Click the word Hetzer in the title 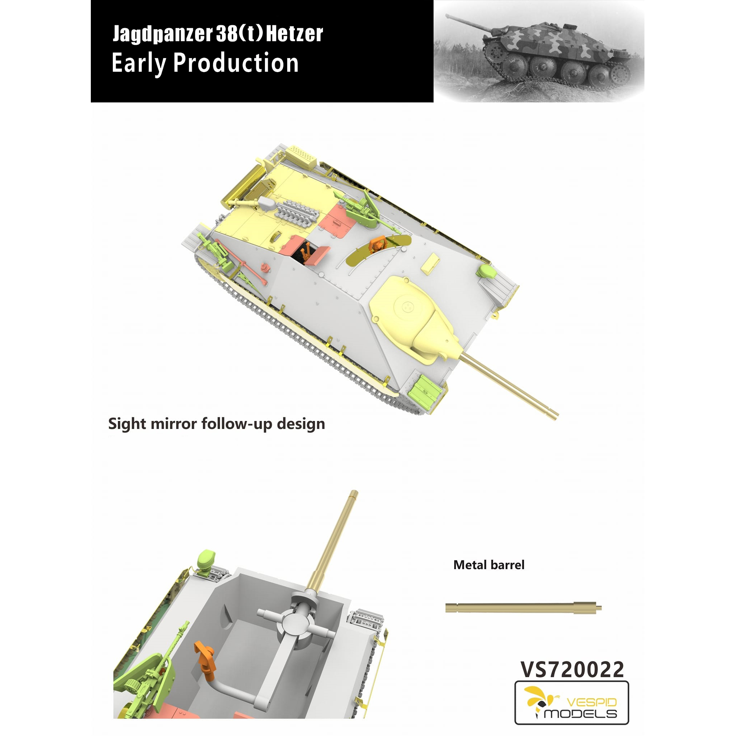[x=294, y=34]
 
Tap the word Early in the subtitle [x=139, y=63]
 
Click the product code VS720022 [x=572, y=669]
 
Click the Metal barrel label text [x=489, y=564]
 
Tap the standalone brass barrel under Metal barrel [x=523, y=607]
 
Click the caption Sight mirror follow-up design [x=216, y=424]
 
